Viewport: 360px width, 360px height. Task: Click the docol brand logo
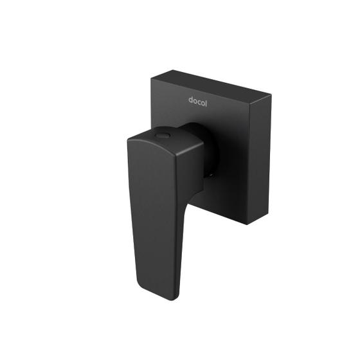click(198, 100)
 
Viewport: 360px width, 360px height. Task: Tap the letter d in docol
click(191, 100)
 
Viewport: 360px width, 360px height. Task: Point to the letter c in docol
click(199, 101)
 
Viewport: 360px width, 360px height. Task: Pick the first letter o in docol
click(195, 101)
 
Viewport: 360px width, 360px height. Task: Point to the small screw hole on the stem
click(210, 172)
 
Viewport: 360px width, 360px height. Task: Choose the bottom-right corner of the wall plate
click(248, 224)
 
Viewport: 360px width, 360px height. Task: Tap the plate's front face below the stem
click(219, 199)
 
